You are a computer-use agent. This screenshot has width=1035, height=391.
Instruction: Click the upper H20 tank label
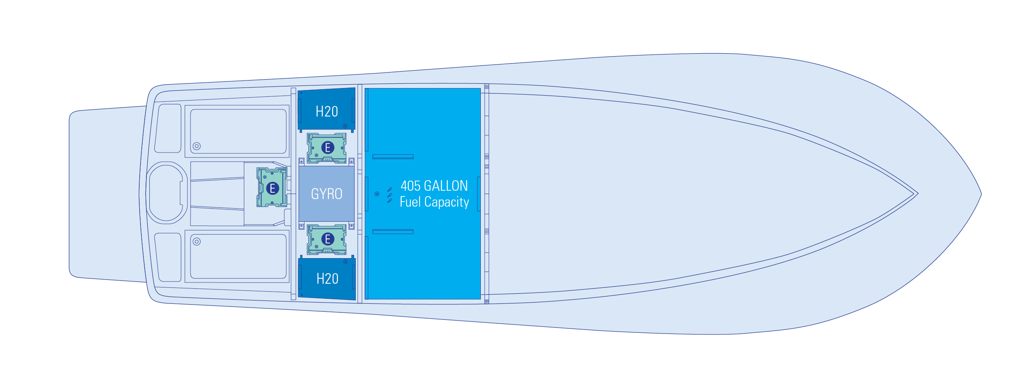(326, 111)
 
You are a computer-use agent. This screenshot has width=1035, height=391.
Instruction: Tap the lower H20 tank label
(327, 279)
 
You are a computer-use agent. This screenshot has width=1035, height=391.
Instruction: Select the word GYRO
(326, 194)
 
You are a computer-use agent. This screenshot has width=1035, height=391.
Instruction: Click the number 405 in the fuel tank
(410, 186)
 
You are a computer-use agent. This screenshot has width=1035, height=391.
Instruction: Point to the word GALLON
(446, 186)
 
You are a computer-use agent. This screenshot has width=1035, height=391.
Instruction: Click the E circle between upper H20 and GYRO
(328, 148)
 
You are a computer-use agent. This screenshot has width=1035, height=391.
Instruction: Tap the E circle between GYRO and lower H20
(328, 239)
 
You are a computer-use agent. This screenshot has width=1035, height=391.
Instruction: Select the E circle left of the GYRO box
(272, 188)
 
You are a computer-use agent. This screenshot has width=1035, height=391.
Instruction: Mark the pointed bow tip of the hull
(981, 194)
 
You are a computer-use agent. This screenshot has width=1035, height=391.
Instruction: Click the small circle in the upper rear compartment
(196, 146)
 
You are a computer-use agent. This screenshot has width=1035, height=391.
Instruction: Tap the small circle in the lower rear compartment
(196, 241)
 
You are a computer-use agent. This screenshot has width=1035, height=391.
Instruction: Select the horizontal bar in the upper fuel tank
(393, 157)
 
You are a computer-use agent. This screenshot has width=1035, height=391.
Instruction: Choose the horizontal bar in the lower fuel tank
(393, 232)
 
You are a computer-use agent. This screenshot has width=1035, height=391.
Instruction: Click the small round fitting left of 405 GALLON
(377, 194)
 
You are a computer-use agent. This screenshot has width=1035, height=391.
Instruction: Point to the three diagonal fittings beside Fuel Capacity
(390, 195)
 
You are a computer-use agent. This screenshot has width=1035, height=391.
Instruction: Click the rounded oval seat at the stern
(166, 193)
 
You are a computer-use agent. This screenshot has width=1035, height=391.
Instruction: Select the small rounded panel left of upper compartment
(168, 128)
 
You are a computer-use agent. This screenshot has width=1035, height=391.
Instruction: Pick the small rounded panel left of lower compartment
(168, 257)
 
